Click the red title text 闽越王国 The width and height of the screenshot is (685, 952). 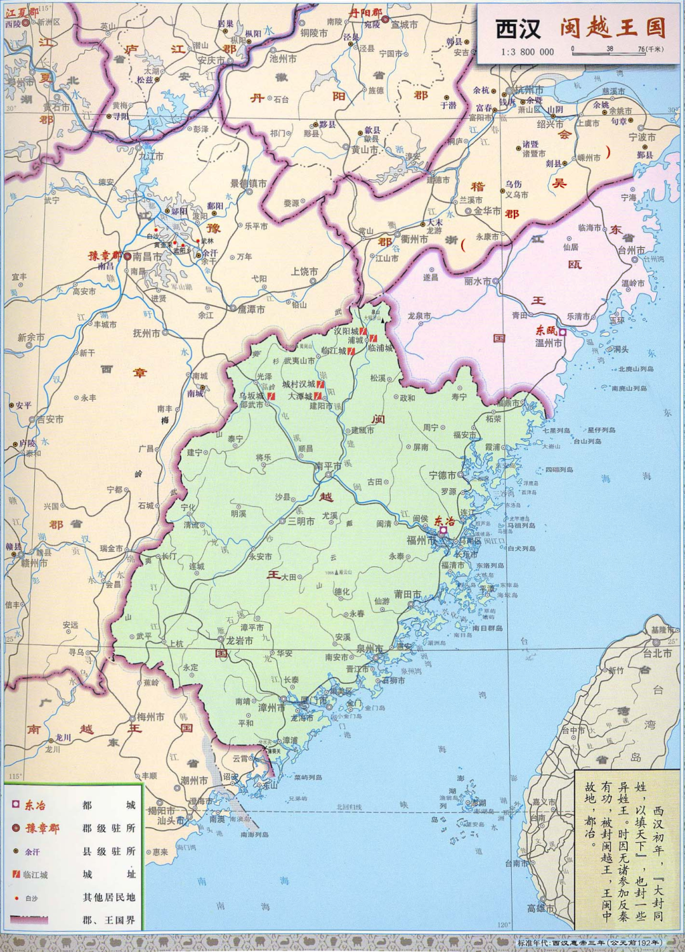click(613, 29)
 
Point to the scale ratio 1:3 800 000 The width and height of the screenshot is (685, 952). click(526, 52)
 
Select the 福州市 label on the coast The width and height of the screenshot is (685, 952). click(421, 540)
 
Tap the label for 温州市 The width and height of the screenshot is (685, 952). click(549, 343)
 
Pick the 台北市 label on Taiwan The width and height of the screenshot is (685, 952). click(657, 653)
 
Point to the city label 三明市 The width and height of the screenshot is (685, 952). click(301, 521)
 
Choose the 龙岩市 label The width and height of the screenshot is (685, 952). click(239, 641)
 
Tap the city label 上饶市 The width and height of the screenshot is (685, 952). click(304, 271)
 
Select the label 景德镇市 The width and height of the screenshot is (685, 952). click(248, 183)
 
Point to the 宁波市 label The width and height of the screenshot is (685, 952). click(642, 137)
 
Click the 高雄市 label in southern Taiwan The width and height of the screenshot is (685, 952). click(540, 908)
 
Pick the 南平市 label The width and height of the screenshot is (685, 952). click(328, 466)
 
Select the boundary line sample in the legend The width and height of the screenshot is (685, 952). click(28, 920)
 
